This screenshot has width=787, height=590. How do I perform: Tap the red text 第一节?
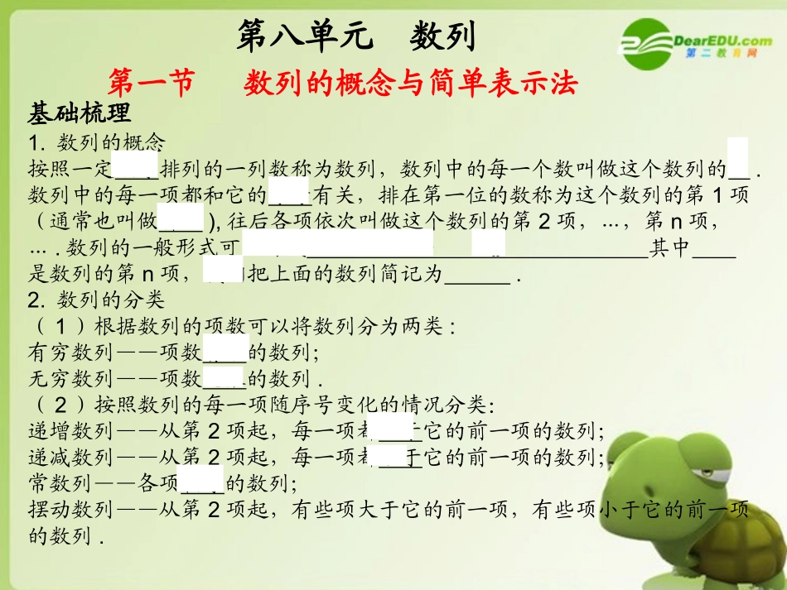coord(151,83)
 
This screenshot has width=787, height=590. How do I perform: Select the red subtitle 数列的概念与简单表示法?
coord(410,83)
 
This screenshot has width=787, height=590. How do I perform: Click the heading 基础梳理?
coord(80,113)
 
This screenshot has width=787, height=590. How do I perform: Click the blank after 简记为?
coord(477,276)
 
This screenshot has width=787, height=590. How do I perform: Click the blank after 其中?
coord(713,249)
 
